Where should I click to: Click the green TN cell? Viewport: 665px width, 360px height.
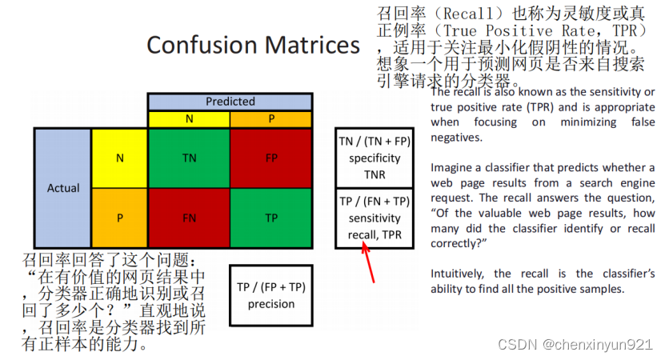pyautogui.click(x=189, y=158)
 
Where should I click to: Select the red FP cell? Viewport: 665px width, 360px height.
pyautogui.click(x=271, y=158)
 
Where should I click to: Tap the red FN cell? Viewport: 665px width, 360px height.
pyautogui.click(x=189, y=218)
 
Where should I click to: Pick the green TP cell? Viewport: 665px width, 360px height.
pyautogui.click(x=271, y=218)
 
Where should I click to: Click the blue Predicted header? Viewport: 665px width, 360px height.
pyautogui.click(x=230, y=102)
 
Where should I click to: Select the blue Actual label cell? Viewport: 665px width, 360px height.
pyautogui.click(x=62, y=188)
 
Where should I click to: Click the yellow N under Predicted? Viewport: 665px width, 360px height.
pyautogui.click(x=189, y=119)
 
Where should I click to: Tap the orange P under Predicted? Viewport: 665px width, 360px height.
pyautogui.click(x=271, y=119)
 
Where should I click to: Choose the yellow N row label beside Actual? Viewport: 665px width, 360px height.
pyautogui.click(x=119, y=158)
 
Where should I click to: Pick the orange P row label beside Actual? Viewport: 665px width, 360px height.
pyautogui.click(x=119, y=218)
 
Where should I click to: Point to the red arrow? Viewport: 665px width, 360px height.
pyautogui.click(x=367, y=262)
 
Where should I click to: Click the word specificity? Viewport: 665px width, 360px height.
pyautogui.click(x=375, y=158)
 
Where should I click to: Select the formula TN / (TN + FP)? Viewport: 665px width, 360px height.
pyautogui.click(x=375, y=142)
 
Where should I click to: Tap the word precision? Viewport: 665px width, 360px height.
pyautogui.click(x=271, y=304)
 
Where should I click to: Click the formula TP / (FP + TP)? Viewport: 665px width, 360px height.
pyautogui.click(x=271, y=287)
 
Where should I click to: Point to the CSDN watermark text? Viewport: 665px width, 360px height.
pyautogui.click(x=575, y=344)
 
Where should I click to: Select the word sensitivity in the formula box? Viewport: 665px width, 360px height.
pyautogui.click(x=375, y=218)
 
